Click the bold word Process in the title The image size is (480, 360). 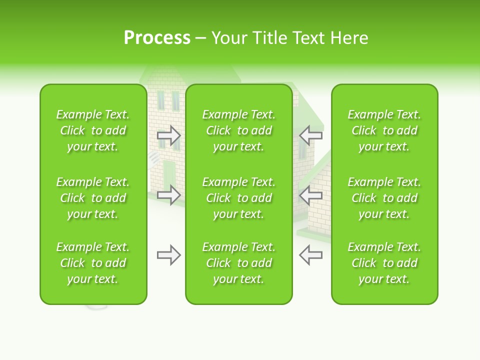157,38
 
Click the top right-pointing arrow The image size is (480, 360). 168,134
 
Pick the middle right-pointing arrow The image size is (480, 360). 168,194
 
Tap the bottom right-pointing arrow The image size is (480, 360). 168,255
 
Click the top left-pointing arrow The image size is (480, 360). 310,134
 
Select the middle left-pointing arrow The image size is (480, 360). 310,194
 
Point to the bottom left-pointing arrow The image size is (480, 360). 310,255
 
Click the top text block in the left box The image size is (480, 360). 93,130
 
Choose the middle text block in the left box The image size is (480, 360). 93,198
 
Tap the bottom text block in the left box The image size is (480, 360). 93,263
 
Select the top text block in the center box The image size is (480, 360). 239,130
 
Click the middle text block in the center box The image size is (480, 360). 239,198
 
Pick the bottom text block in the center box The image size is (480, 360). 239,263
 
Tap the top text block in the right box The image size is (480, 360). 384,130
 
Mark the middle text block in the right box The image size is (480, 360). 384,198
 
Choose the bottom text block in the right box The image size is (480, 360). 384,263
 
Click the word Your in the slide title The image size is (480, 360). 227,38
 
